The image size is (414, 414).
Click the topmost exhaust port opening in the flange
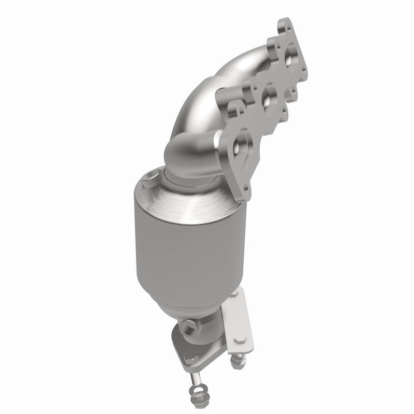289,52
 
